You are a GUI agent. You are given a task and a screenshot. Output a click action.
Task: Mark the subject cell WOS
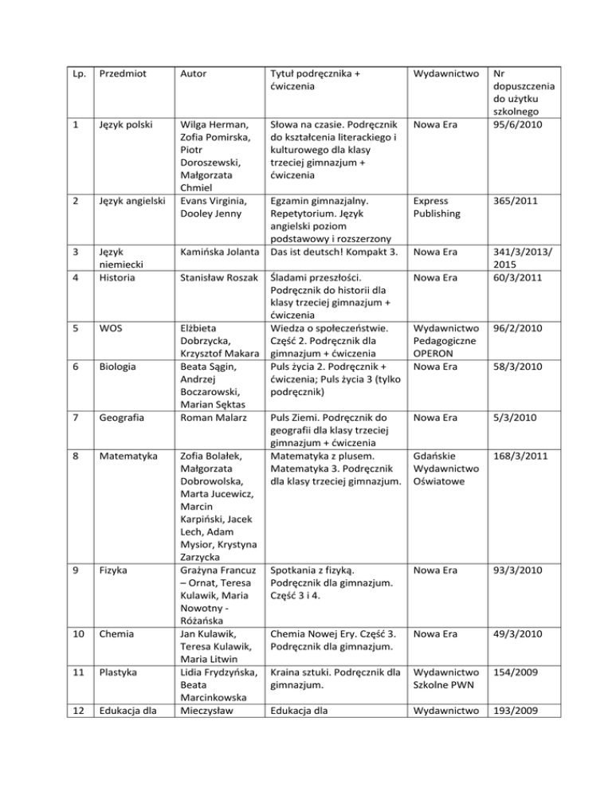[109, 326]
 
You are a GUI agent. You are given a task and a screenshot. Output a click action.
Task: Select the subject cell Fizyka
[112, 570]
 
